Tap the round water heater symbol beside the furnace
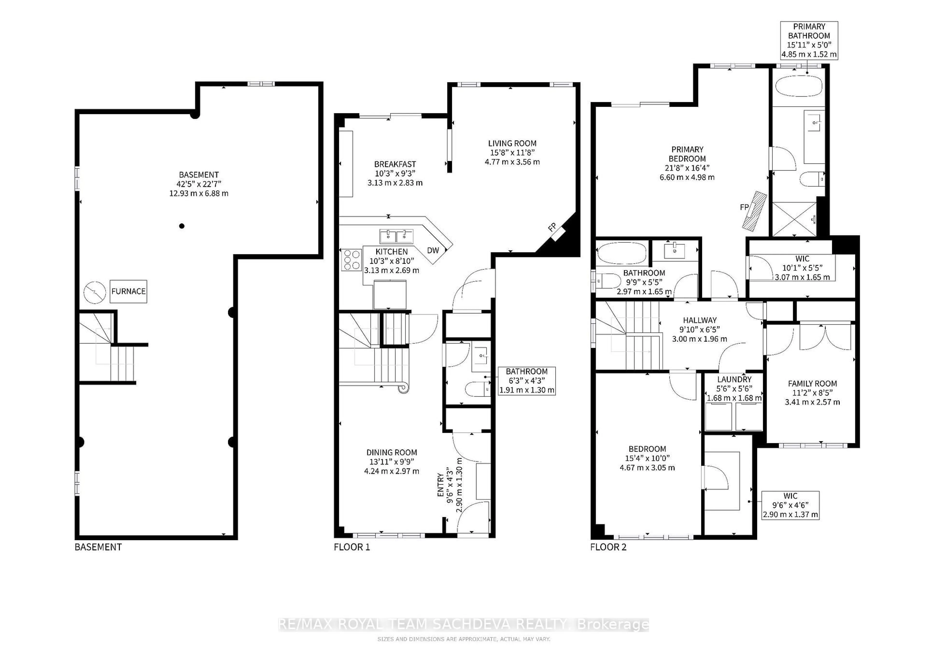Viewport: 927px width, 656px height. click(x=94, y=292)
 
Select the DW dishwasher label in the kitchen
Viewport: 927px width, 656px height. click(x=433, y=250)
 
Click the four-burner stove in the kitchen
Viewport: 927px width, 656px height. click(x=351, y=260)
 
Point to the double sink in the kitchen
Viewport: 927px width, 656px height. click(x=396, y=236)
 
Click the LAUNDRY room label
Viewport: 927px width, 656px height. click(x=734, y=379)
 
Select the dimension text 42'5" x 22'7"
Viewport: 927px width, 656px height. click(x=199, y=184)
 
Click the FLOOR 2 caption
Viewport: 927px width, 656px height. click(x=608, y=547)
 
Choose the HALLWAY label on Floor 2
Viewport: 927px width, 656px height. click(x=700, y=320)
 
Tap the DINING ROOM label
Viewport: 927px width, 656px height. click(x=391, y=452)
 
